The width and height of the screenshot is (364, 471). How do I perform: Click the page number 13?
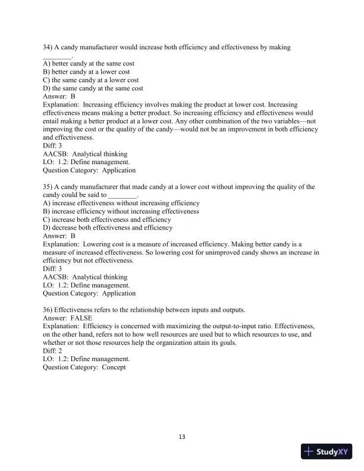pyautogui.click(x=182, y=437)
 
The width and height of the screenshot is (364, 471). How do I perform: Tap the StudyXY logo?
pyautogui.click(x=327, y=451)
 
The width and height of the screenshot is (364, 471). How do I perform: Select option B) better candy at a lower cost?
pyautogui.click(x=86, y=71)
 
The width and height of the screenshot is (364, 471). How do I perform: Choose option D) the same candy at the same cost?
pyautogui.click(x=93, y=88)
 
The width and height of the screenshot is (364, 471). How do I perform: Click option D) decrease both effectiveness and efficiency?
pyautogui.click(x=108, y=228)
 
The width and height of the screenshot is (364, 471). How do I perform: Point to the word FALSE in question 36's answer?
pyautogui.click(x=81, y=318)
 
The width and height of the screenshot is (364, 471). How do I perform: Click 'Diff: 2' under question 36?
pyautogui.click(x=53, y=351)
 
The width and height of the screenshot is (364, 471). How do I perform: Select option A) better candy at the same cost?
pyautogui.click(x=89, y=63)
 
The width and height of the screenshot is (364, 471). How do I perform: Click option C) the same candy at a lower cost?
pyautogui.click(x=91, y=80)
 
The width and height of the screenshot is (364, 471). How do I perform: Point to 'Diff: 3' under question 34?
pyautogui.click(x=53, y=146)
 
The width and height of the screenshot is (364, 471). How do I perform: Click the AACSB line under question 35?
pyautogui.click(x=85, y=277)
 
